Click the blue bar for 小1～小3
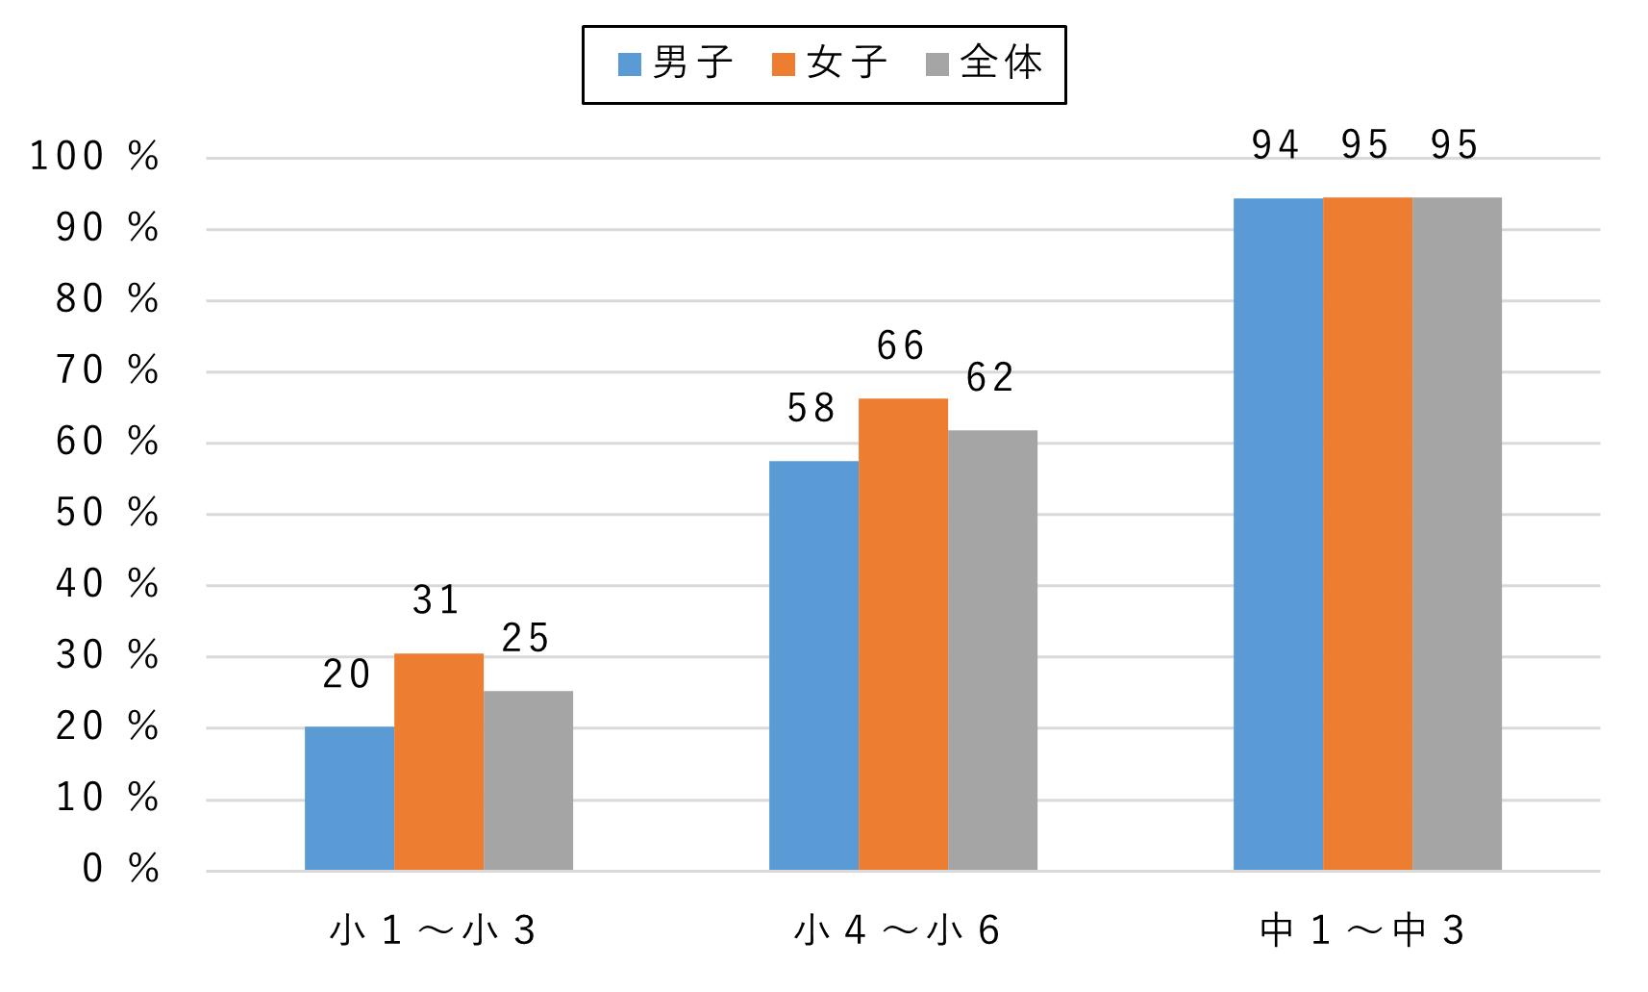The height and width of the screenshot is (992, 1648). pos(349,799)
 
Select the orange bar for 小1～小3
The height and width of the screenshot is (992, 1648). pos(438,762)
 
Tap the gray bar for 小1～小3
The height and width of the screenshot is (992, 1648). pos(528,780)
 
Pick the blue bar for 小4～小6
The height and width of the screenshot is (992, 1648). pos(813,666)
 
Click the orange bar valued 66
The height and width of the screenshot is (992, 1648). pos(903,634)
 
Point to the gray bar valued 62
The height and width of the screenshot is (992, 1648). pos(992,650)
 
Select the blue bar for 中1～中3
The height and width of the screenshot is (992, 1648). pos(1278,534)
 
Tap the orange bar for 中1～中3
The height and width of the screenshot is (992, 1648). pos(1367,534)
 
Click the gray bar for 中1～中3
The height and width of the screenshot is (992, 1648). pos(1457,534)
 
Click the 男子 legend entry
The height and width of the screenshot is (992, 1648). pos(676,64)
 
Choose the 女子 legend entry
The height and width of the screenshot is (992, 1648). pos(830,64)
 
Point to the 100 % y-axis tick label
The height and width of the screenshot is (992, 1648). pos(94,156)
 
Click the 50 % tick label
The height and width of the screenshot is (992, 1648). pos(107,513)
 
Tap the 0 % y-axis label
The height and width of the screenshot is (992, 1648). pos(120,869)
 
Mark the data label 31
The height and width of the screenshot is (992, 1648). pos(437,600)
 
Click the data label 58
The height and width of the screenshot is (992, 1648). pos(812,409)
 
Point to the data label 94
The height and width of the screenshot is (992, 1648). pos(1276,145)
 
